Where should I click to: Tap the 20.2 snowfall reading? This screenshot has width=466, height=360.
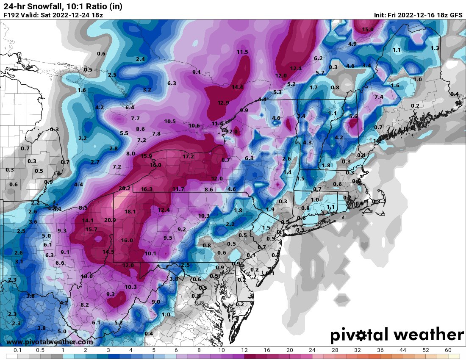click(124, 188)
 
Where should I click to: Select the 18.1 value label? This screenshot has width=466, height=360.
click(130, 211)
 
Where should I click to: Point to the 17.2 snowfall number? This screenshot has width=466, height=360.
click(188, 156)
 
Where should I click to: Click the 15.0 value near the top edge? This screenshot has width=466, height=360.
click(367, 29)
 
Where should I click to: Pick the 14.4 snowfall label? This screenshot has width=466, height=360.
click(237, 87)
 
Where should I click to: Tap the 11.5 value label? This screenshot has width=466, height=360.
click(242, 52)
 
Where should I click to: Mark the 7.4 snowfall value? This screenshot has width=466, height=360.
click(379, 97)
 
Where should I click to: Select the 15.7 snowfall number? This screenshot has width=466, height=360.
click(91, 229)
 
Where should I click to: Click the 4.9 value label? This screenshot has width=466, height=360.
click(352, 44)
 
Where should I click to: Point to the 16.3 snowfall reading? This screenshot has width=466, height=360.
click(147, 189)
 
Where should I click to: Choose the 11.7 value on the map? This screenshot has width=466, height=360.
click(178, 189)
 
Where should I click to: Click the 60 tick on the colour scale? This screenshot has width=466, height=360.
click(448, 351)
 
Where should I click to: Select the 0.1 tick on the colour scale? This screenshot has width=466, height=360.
click(18, 351)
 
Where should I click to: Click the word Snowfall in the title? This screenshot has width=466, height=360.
click(45, 5)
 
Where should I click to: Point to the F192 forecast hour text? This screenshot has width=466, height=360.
click(11, 15)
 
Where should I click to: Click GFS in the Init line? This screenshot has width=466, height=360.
click(456, 15)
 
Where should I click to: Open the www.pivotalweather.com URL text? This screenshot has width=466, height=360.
click(50, 342)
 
